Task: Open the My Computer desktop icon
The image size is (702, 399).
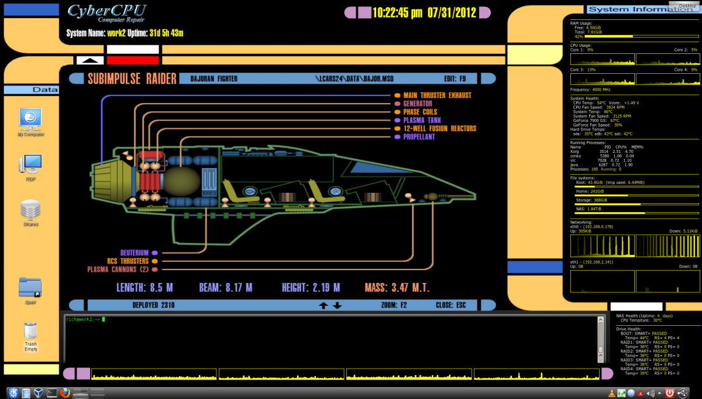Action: [x=30, y=120]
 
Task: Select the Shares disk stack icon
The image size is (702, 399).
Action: [x=30, y=210]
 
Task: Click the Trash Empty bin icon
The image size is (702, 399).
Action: [x=30, y=332]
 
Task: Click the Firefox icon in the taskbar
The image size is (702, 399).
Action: [x=65, y=393]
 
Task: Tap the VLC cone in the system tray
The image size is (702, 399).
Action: [x=611, y=393]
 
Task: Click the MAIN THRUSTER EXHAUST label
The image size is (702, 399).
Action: [x=437, y=95]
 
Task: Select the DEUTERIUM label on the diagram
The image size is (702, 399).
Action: [x=134, y=253]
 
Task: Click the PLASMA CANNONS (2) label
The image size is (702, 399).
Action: [x=118, y=270]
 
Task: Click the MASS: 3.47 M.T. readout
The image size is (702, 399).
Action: [x=397, y=288]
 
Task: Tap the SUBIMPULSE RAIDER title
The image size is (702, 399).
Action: [x=132, y=79]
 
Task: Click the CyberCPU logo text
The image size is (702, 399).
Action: [x=106, y=11]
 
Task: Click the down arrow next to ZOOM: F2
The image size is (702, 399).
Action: [x=338, y=305]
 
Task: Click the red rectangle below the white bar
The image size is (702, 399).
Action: [x=133, y=60]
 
